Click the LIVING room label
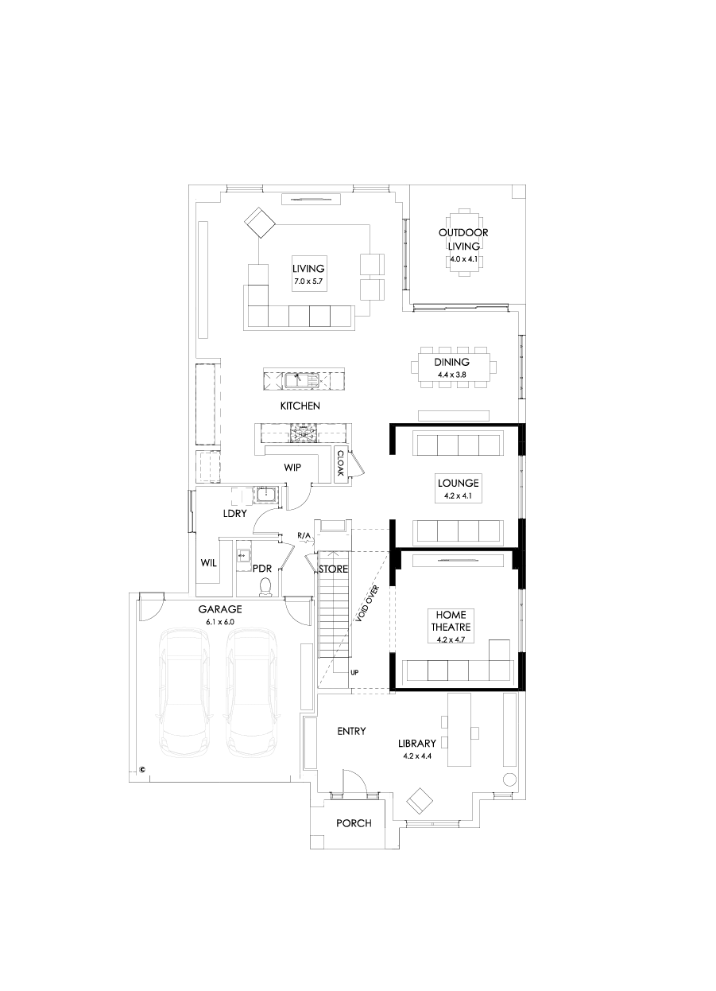308,269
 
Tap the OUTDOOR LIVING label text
462,239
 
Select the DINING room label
451,362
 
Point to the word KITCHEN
300,406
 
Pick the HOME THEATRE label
451,620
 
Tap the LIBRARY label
417,744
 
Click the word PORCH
354,823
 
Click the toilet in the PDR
266,586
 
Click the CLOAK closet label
340,463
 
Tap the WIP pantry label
292,468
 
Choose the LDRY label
234,513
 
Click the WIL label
209,563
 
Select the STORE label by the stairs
334,569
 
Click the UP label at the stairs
354,672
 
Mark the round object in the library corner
509,778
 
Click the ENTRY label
351,731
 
